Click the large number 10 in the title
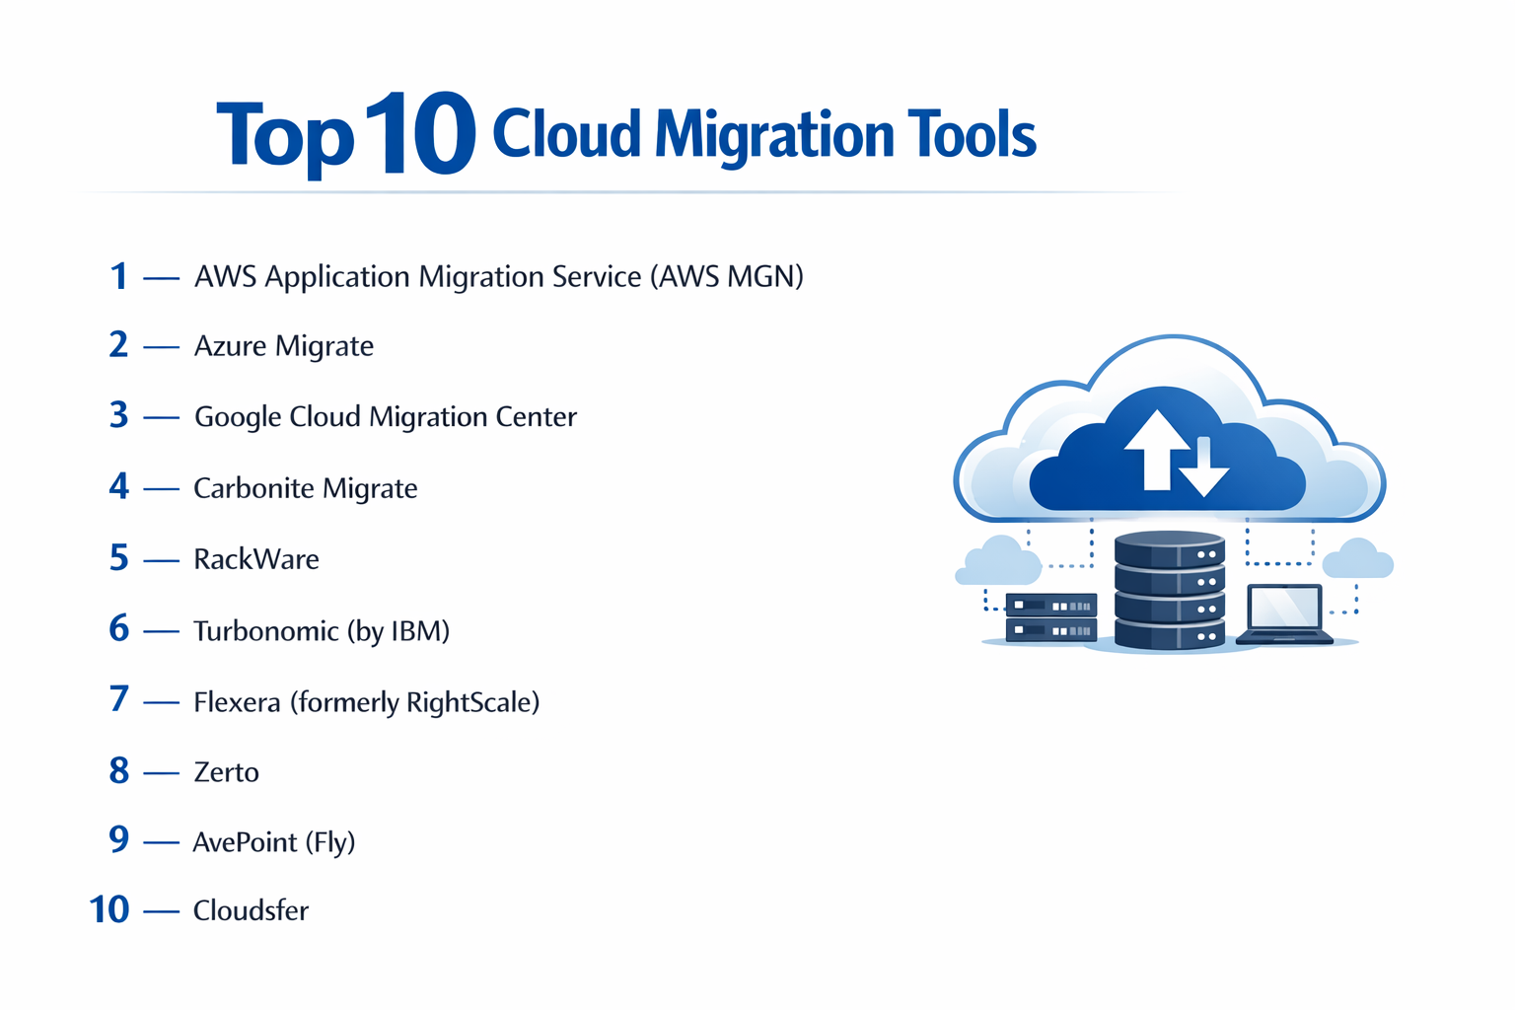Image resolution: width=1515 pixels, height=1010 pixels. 420,135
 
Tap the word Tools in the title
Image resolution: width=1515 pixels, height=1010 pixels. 973,135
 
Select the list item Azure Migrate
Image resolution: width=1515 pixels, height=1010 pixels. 284,346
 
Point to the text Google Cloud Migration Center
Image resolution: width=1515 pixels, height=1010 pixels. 386,416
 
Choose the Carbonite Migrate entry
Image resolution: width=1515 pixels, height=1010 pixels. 306,488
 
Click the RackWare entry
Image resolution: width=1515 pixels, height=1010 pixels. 256,559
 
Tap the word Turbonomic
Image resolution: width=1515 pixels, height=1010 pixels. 266,630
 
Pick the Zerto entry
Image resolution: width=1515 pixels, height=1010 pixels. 227,771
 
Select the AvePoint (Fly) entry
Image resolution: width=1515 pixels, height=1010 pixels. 274,842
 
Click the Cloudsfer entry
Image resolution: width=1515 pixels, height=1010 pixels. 251,910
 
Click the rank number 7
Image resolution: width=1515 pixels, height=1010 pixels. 119,699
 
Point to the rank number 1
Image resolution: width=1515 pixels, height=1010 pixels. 119,276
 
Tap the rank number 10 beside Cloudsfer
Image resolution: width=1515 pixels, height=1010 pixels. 109,909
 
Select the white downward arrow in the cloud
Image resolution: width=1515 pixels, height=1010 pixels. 1204,468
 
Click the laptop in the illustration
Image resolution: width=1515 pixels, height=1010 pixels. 1284,614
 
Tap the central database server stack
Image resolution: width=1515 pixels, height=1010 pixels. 1170,591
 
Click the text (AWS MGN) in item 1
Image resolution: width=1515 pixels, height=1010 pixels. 727,277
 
